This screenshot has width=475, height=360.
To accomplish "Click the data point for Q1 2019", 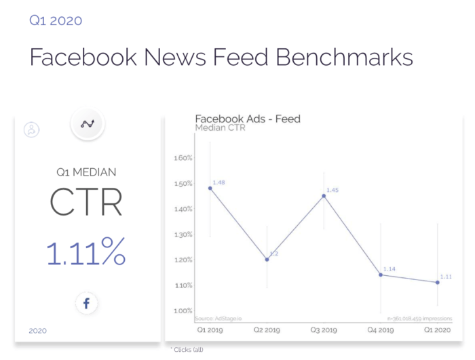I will click(210, 188).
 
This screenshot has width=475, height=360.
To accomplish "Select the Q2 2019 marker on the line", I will click(267, 260).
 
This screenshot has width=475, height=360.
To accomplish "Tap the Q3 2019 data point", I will click(324, 196).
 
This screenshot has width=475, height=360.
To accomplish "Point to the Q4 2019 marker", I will click(381, 275).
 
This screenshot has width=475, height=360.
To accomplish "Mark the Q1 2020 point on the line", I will click(438, 283).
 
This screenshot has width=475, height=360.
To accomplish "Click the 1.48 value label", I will click(218, 182).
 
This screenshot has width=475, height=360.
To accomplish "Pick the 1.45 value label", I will click(332, 191).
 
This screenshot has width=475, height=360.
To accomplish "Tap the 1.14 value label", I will click(389, 269).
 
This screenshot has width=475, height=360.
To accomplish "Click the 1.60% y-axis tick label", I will click(184, 158).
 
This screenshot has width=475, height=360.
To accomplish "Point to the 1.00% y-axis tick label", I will click(184, 311).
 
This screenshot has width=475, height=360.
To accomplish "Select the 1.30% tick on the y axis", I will click(184, 235).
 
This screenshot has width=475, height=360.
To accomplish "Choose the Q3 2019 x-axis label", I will click(324, 331).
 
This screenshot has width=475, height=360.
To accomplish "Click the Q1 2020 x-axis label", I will click(438, 331).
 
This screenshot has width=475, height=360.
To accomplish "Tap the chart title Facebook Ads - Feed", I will click(248, 119).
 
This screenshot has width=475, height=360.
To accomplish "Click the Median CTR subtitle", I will click(221, 127).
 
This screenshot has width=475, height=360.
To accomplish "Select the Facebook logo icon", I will click(86, 304).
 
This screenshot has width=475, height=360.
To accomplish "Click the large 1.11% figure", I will click(86, 253).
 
